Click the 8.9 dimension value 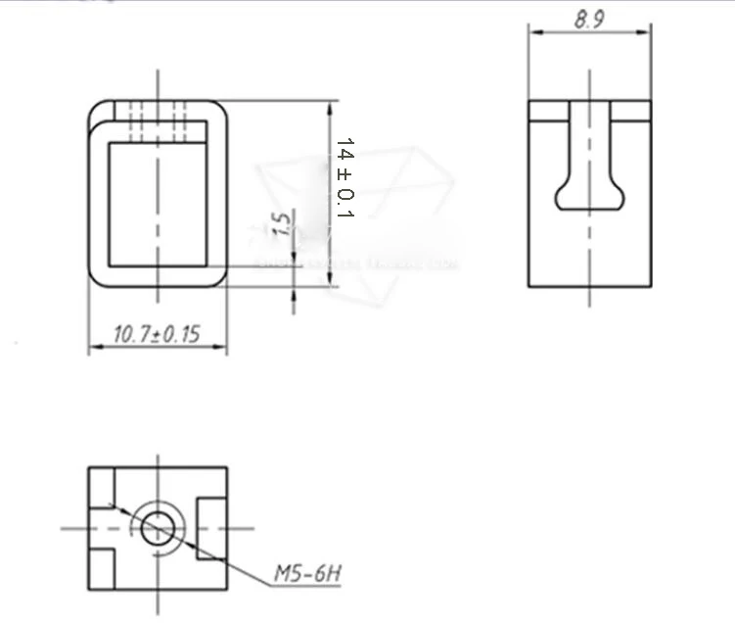[589, 18]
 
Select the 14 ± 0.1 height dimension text [345, 177]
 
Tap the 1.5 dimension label [283, 224]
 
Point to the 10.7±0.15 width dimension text [157, 335]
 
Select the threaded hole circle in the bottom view [158, 528]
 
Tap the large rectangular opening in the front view [158, 204]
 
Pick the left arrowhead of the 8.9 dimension [534, 31]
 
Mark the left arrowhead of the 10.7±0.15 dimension [94, 348]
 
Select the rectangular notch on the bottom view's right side [212, 527]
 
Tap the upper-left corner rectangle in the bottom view [102, 486]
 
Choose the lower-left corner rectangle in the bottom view [102, 568]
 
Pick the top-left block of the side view [548, 111]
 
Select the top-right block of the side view [631, 111]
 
